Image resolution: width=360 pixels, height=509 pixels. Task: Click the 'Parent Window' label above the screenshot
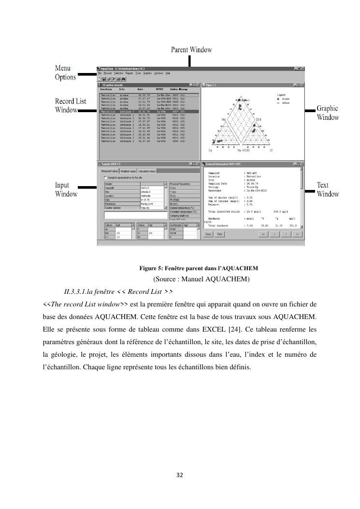click(x=191, y=50)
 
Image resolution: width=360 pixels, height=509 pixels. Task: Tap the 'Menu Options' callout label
click(x=65, y=73)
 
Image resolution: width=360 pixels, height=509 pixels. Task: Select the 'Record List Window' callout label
click(x=71, y=105)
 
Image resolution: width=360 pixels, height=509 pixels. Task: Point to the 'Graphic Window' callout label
click(x=327, y=113)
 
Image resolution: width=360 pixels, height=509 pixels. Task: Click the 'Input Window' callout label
click(x=66, y=189)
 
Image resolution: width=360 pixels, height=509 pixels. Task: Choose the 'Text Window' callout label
click(x=327, y=189)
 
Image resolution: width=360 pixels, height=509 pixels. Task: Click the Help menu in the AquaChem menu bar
click(x=168, y=73)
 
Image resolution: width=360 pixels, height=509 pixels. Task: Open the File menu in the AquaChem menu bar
click(x=100, y=73)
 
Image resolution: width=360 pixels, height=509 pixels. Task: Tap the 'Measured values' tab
click(x=109, y=171)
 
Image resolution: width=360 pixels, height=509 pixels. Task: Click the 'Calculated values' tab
click(x=147, y=171)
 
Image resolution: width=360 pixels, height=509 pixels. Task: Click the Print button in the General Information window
click(x=219, y=234)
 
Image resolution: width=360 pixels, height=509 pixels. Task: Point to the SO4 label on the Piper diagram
click(x=259, y=119)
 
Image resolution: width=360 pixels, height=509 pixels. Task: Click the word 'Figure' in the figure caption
click(x=148, y=268)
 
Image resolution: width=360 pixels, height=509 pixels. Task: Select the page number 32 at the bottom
click(x=180, y=475)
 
